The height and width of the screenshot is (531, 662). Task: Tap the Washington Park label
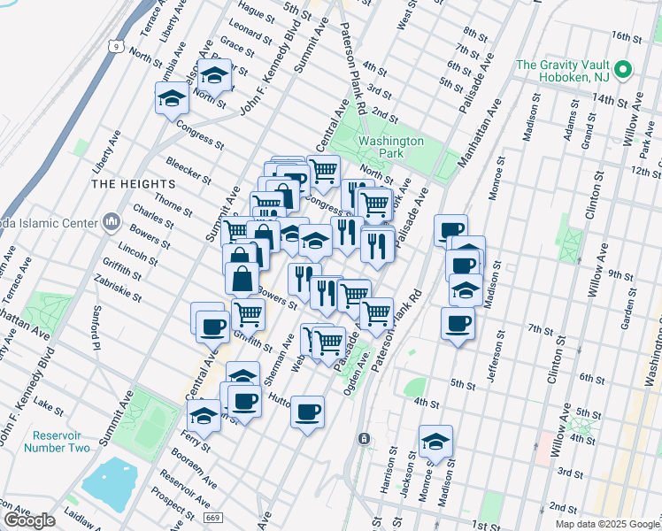pyautogui.click(x=390, y=147)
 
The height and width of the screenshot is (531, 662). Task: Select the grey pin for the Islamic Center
pyautogui.click(x=112, y=220)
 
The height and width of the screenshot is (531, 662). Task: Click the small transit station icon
pyautogui.click(x=363, y=439)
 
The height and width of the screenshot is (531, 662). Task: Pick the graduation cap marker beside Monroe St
pyautogui.click(x=435, y=443)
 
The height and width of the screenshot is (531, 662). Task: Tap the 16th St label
pyautogui.click(x=625, y=37)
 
